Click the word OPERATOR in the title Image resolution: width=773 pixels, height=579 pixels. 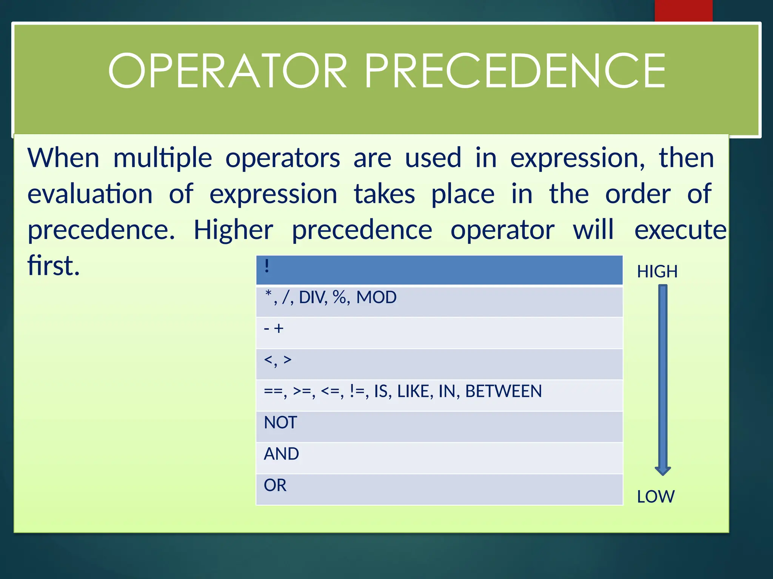pos(227,71)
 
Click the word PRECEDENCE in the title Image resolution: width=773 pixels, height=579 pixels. pos(515,71)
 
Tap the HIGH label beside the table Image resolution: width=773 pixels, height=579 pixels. pos(657,271)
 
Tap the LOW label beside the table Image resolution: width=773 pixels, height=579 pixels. pos(656,496)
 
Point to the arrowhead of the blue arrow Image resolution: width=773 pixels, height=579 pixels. pos(663,470)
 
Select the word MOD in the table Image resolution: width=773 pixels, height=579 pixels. pos(376,297)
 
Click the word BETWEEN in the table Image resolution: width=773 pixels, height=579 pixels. pos(504,391)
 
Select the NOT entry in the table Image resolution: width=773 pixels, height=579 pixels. pos(280,423)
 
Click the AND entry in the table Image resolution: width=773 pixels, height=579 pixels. pos(281,454)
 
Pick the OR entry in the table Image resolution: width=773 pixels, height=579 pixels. pos(275,485)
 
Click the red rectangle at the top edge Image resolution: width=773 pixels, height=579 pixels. pos(683,11)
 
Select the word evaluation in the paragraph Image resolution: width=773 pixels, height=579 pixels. pos(90,194)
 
